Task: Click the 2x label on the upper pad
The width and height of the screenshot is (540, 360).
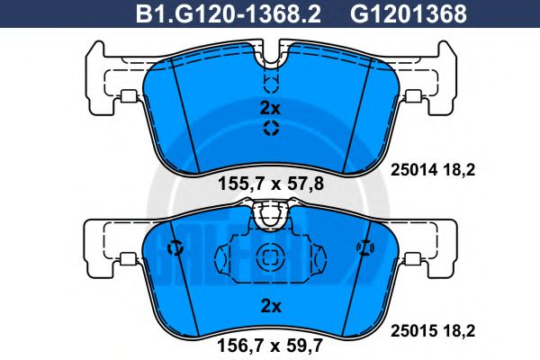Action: tap(270, 108)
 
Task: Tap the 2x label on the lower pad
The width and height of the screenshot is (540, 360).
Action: tap(270, 306)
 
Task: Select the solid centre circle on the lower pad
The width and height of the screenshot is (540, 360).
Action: tap(270, 257)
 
